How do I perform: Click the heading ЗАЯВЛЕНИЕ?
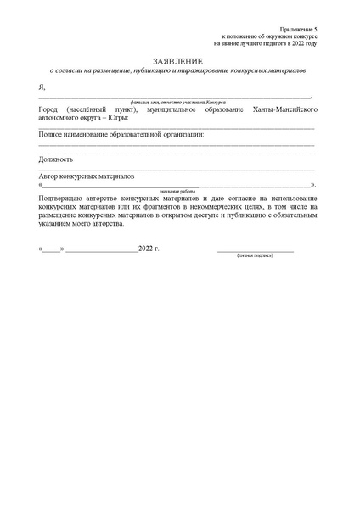(x=178, y=63)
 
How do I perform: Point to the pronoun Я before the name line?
(x=42, y=87)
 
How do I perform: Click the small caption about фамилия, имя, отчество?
(x=177, y=103)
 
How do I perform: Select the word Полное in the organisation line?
(x=53, y=135)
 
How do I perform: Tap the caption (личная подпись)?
(x=255, y=255)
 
